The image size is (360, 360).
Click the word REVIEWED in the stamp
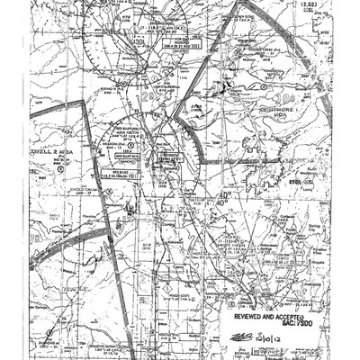249,318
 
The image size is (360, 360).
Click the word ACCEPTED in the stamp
294,318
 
